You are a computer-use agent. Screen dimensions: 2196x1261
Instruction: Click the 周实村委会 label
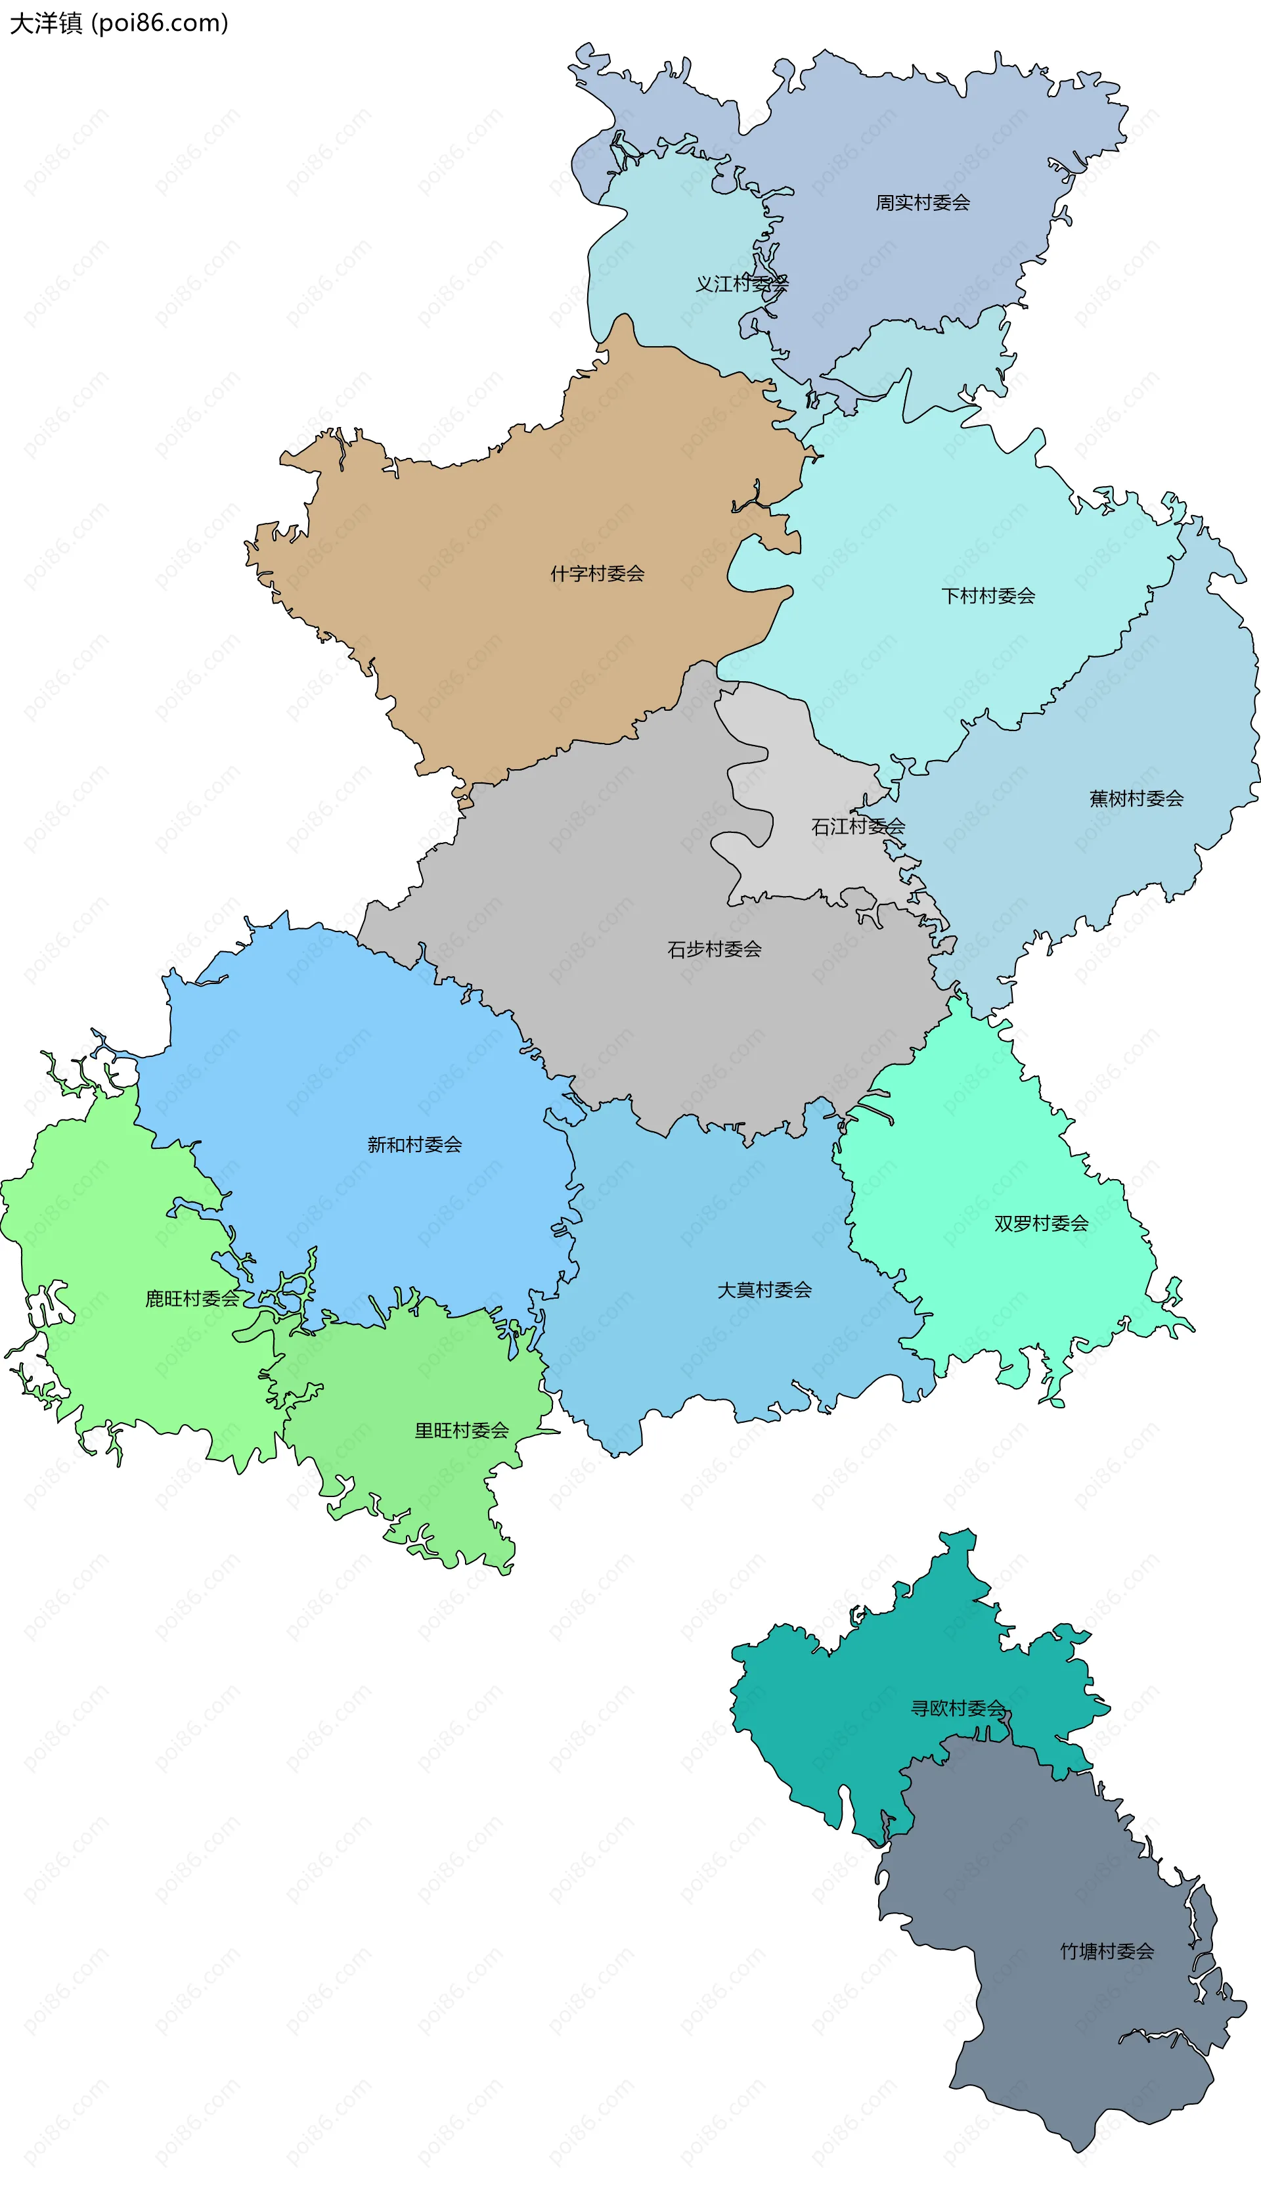922,203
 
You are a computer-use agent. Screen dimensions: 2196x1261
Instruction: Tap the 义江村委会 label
742,284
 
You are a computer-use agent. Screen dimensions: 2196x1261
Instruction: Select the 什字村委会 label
598,573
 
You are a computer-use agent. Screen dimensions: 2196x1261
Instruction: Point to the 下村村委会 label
988,596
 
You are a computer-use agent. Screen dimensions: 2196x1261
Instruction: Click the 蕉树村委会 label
1136,799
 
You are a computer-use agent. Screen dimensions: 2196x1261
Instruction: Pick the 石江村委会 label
857,826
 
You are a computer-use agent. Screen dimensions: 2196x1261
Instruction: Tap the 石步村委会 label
715,949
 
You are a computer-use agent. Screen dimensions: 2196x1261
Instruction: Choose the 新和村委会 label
415,1145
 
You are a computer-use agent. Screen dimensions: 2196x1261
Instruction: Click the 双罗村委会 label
1041,1224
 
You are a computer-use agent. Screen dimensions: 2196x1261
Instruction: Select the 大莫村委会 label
764,1291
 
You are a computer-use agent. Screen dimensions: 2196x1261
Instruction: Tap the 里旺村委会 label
462,1431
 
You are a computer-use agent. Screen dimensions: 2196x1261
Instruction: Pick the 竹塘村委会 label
1107,1952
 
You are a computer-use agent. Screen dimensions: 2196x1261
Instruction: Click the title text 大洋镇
46,24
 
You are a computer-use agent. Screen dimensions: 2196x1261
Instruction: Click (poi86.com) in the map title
160,24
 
